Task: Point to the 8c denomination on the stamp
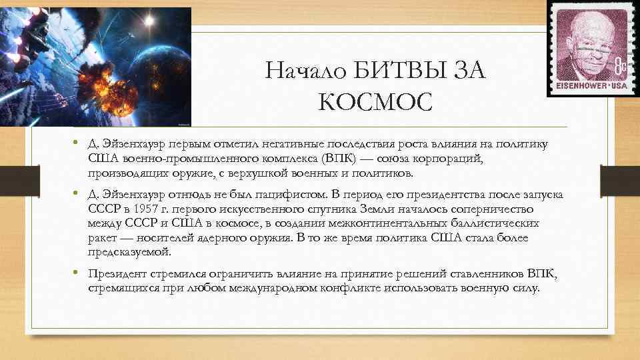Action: (x=620, y=66)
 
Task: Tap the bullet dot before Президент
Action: (x=78, y=273)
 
